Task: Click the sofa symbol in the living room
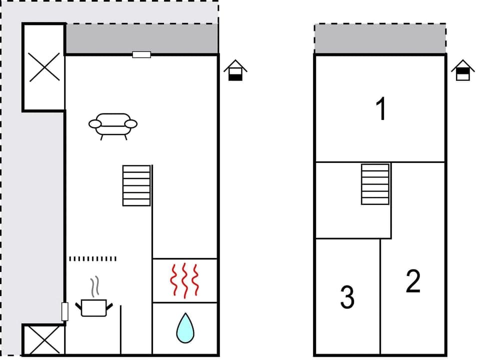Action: pyautogui.click(x=113, y=125)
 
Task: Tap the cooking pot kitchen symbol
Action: pyautogui.click(x=94, y=307)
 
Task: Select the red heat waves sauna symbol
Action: pyautogui.click(x=184, y=280)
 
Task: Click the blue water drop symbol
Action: pyautogui.click(x=184, y=328)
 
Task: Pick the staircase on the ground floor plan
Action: pyautogui.click(x=136, y=185)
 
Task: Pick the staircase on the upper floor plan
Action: pyautogui.click(x=375, y=184)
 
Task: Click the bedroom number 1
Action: pyautogui.click(x=381, y=109)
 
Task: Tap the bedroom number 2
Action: pyautogui.click(x=413, y=281)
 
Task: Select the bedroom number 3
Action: pyautogui.click(x=347, y=297)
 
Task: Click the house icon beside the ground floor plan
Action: pyautogui.click(x=235, y=70)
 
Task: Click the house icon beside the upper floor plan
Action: pyautogui.click(x=463, y=70)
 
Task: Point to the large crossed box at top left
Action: pyautogui.click(x=44, y=67)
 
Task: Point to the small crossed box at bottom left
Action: pyautogui.click(x=43, y=340)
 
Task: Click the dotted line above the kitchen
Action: pyautogui.click(x=92, y=258)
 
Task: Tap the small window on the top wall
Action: pyautogui.click(x=141, y=54)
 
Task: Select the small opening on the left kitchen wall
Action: pyautogui.click(x=64, y=311)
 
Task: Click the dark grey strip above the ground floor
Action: pyautogui.click(x=141, y=38)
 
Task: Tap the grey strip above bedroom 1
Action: pyautogui.click(x=380, y=38)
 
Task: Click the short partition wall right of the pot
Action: pyautogui.click(x=120, y=330)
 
